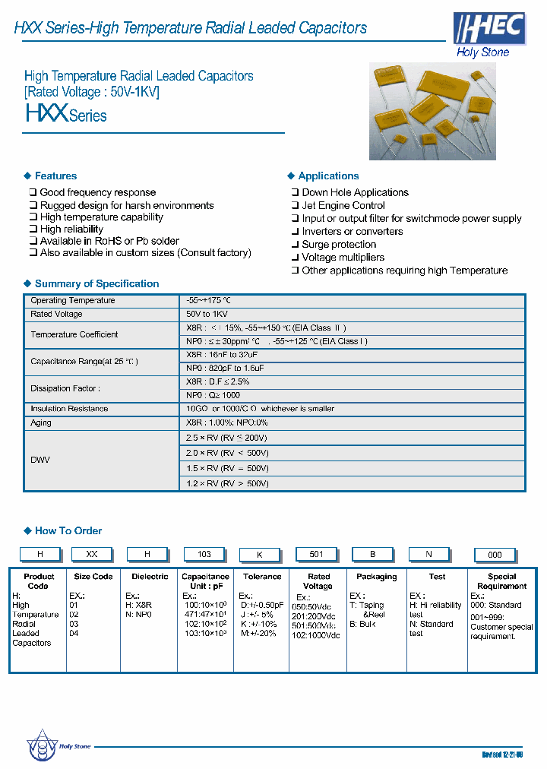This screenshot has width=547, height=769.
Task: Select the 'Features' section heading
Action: point(55,176)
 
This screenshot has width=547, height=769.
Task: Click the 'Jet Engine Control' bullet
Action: point(343,205)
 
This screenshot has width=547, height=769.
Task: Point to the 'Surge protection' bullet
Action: point(339,244)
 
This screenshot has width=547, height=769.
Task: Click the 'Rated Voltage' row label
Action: point(56,314)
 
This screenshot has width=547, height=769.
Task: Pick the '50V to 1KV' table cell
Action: point(207,314)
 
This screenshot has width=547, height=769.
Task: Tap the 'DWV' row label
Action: point(40,460)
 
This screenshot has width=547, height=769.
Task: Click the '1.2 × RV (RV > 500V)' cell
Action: point(227,483)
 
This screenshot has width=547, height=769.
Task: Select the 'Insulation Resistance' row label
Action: point(69,409)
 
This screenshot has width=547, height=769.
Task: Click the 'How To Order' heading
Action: point(68,530)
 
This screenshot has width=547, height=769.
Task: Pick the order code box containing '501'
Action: point(318,554)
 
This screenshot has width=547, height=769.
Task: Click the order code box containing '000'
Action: point(495,555)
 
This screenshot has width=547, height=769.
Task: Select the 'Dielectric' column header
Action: point(150,577)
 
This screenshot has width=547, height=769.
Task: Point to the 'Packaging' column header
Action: point(376,577)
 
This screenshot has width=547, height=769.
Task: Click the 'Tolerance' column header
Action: point(262,577)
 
